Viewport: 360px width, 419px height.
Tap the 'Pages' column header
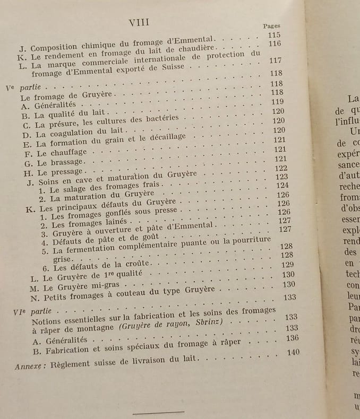point(271,25)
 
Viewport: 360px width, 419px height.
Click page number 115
point(274,35)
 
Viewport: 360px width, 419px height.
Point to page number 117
point(275,60)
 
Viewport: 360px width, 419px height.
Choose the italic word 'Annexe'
point(31,365)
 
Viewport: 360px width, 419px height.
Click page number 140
point(293,352)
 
